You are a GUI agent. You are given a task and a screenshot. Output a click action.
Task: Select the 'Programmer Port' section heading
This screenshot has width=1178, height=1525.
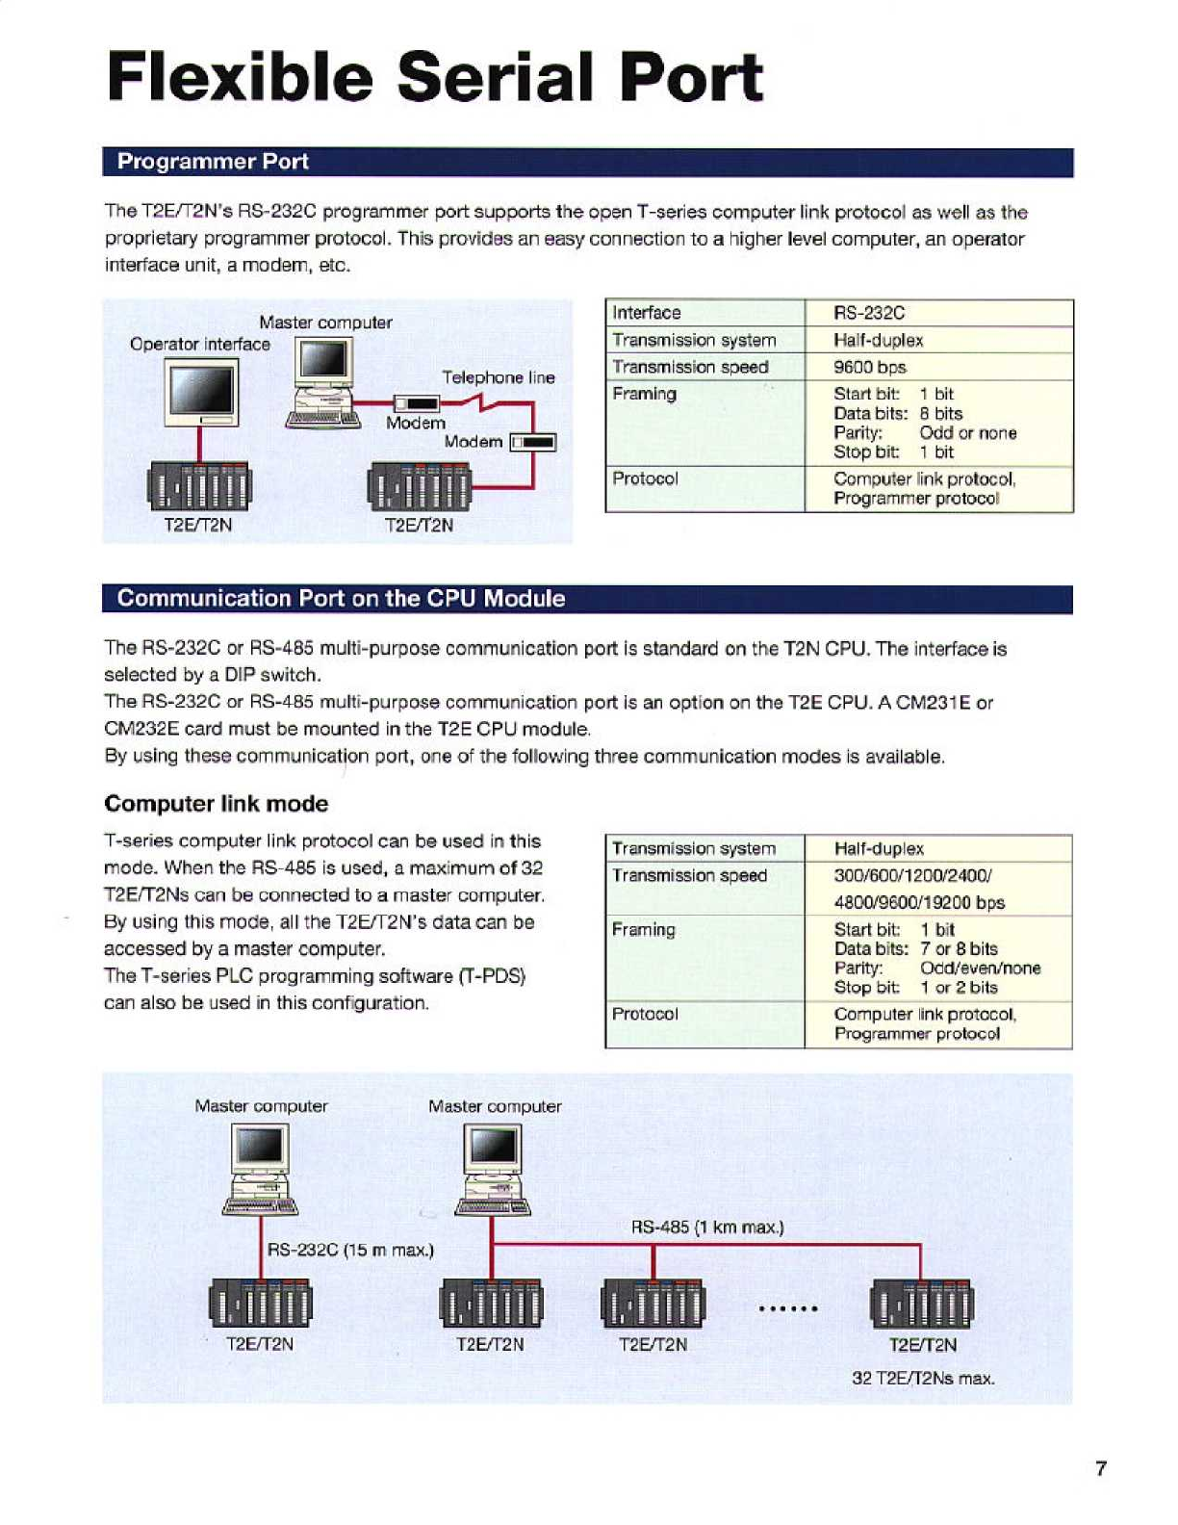tap(213, 162)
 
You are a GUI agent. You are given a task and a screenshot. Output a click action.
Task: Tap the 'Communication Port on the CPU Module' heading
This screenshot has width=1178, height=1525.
tap(341, 599)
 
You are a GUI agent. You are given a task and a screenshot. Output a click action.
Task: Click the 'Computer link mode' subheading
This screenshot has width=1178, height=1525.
tap(216, 804)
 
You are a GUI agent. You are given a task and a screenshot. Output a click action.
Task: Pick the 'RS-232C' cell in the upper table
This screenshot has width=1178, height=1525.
tap(869, 313)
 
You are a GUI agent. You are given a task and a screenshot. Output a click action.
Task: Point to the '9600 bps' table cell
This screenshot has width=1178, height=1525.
tap(870, 367)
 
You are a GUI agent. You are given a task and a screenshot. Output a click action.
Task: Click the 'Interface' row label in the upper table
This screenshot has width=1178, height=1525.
tap(647, 313)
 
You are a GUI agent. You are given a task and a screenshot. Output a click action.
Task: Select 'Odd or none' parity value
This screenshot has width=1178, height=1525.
tap(968, 433)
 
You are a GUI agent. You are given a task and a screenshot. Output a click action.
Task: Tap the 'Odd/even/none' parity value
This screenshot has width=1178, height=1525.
tap(980, 969)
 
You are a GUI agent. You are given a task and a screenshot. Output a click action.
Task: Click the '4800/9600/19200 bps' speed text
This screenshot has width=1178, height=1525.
tap(919, 903)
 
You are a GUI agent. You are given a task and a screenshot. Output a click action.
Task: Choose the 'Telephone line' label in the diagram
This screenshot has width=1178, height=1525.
tap(499, 377)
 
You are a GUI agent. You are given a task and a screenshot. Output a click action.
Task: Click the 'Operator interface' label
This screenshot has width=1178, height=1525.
tap(200, 344)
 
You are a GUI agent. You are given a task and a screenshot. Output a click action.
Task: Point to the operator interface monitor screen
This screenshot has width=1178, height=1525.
tap(201, 390)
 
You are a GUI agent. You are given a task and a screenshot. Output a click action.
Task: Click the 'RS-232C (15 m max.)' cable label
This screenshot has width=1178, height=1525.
tap(350, 1251)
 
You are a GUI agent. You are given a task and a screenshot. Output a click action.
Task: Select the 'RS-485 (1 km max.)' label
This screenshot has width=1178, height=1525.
tap(707, 1228)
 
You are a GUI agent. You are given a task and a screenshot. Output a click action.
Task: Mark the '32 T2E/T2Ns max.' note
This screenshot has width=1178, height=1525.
tap(923, 1379)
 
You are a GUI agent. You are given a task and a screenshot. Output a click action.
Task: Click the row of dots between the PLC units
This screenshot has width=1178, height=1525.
tap(788, 1308)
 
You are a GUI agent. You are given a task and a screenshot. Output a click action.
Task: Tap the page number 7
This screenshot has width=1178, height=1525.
tap(1101, 1468)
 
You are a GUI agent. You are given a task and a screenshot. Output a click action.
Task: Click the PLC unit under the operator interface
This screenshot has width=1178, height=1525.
tap(198, 485)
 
